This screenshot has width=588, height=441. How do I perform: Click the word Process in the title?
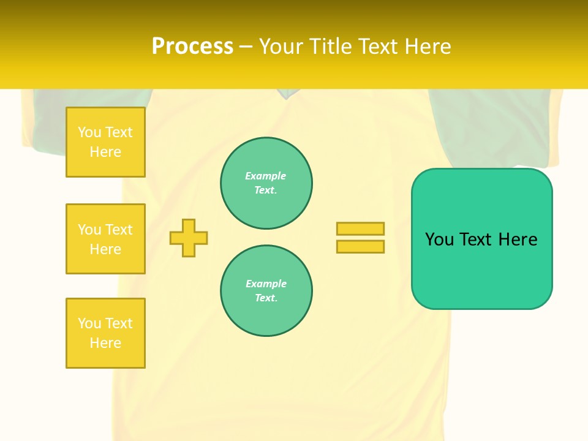pos(192,47)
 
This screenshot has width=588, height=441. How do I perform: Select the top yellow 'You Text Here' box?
pos(105,142)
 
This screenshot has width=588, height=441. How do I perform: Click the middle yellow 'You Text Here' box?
pos(105,239)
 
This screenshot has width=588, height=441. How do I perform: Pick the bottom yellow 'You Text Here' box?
pos(105,333)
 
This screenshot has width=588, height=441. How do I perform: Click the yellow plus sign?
pos(189,238)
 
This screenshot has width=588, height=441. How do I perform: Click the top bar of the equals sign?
pos(360,228)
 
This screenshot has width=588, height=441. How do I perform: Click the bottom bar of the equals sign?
pos(360,246)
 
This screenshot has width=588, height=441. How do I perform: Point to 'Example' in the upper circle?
pos(266,176)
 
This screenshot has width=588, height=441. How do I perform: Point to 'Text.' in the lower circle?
pos(266,298)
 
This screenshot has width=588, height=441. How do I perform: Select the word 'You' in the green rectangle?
pos(439,239)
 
